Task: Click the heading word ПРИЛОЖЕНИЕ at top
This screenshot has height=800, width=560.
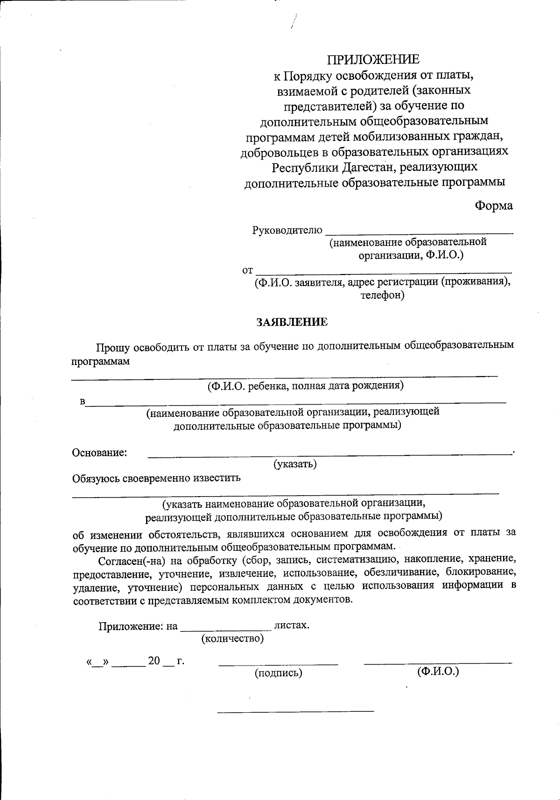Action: (x=373, y=59)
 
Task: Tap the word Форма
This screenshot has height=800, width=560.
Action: (x=493, y=206)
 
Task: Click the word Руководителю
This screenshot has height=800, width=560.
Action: (x=287, y=230)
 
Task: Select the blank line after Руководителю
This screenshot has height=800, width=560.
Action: (x=419, y=232)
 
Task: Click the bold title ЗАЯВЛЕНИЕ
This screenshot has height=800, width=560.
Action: (x=292, y=322)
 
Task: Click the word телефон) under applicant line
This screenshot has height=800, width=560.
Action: (x=382, y=295)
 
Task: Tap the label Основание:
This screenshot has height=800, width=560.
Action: (x=99, y=453)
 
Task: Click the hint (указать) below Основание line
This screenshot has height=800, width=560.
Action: (x=295, y=464)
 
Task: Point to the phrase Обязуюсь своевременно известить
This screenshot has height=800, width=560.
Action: (x=156, y=478)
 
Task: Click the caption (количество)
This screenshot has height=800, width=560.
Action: (x=232, y=639)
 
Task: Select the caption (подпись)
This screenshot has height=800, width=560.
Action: (x=278, y=673)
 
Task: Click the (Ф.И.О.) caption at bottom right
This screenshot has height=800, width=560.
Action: (x=438, y=672)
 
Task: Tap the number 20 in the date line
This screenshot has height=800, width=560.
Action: (x=154, y=661)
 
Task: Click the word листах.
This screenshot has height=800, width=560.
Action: (x=292, y=625)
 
